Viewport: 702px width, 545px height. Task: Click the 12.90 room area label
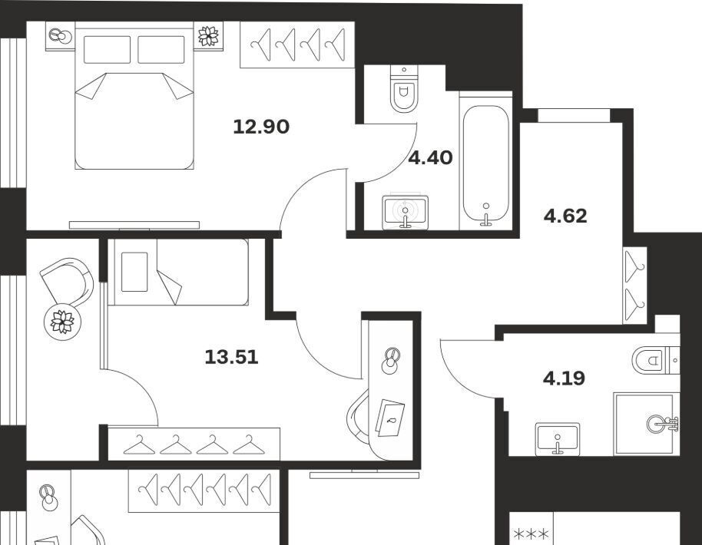[261, 127]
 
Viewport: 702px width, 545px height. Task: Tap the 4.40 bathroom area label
[431, 158]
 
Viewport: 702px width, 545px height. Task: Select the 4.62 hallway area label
[565, 216]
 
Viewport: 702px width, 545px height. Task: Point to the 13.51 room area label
[231, 357]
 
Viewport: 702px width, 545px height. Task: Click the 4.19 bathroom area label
[564, 378]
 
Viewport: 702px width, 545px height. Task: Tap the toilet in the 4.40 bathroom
[404, 89]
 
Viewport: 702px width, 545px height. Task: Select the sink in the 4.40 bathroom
[406, 210]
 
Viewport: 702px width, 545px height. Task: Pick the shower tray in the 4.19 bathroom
[647, 424]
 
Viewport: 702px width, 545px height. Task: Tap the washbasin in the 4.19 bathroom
[558, 437]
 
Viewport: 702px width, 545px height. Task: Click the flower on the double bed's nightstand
[208, 36]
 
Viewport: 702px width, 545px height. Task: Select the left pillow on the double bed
[107, 50]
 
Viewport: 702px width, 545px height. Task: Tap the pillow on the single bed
[134, 272]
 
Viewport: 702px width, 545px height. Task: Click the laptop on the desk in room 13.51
[389, 418]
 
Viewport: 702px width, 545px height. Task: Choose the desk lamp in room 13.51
[391, 359]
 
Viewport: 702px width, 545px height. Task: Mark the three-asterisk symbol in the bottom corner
[531, 534]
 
